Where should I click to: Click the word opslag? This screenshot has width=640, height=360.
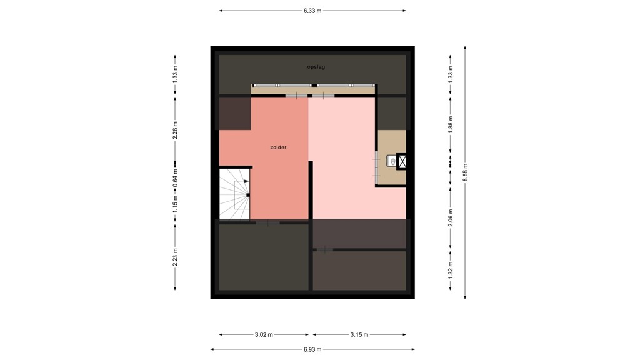tap(316, 67)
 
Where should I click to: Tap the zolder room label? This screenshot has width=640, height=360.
tap(278, 147)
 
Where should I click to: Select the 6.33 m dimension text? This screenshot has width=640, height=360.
tap(312, 11)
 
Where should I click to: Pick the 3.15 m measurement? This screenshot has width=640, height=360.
tap(359, 334)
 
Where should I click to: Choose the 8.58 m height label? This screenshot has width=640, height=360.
tap(465, 172)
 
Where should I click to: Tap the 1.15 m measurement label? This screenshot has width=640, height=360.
tap(176, 201)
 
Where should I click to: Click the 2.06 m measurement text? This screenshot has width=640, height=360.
tap(451, 216)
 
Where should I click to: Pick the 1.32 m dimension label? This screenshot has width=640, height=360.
tap(451, 268)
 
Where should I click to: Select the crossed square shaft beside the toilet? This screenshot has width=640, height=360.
tap(402, 161)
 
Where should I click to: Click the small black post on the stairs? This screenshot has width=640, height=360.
tap(248, 195)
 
